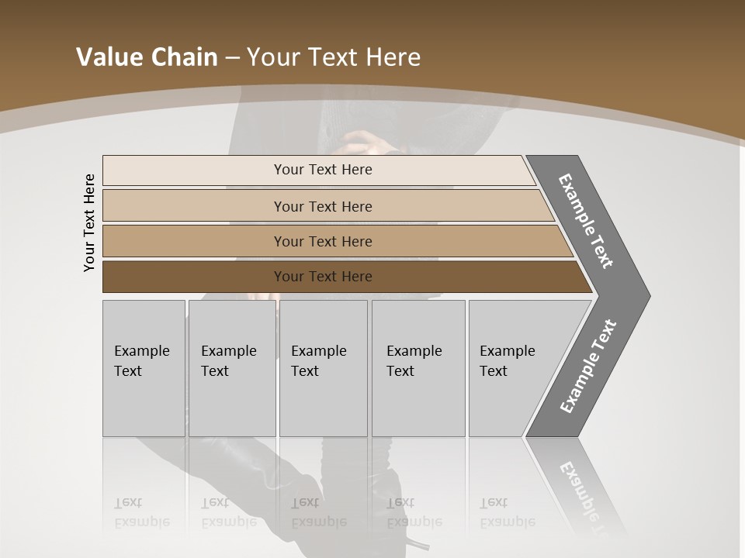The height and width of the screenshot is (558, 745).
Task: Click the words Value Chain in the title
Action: (x=147, y=57)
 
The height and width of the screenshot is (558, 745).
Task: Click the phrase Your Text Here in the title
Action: (x=334, y=57)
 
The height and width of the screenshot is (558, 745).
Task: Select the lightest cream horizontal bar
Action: (x=194, y=170)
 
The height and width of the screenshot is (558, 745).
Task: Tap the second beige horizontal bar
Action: (x=194, y=206)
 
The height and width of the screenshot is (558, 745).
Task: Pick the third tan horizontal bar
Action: (x=194, y=241)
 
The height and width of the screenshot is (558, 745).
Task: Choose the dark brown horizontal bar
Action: (x=194, y=277)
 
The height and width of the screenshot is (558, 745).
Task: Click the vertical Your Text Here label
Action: (x=90, y=223)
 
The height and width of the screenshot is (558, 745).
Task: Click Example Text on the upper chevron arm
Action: (x=586, y=221)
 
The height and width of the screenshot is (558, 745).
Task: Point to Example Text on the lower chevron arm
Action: (x=587, y=367)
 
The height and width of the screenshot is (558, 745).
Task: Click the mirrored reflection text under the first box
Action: (x=141, y=512)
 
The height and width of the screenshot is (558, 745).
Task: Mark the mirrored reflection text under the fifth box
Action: (x=507, y=512)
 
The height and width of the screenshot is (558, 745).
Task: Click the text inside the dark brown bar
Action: (x=323, y=277)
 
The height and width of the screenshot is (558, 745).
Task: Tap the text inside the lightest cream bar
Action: (x=323, y=170)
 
